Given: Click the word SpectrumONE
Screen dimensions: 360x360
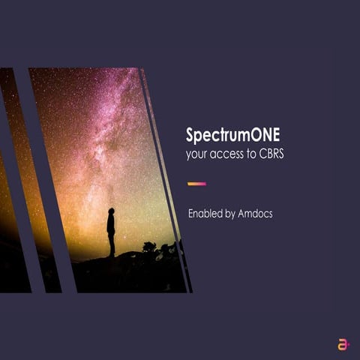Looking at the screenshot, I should (232, 135).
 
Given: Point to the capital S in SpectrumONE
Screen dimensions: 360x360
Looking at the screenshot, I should (190, 135).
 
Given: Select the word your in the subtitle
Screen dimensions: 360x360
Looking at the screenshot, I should (197, 155).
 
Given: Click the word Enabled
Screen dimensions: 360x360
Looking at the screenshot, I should (205, 214).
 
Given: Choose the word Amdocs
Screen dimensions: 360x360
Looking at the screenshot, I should (259, 214).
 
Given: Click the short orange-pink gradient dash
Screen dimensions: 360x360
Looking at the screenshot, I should (196, 183).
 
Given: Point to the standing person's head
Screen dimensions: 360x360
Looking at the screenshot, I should (111, 211).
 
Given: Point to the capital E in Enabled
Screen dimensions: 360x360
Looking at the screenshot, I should (191, 214).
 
